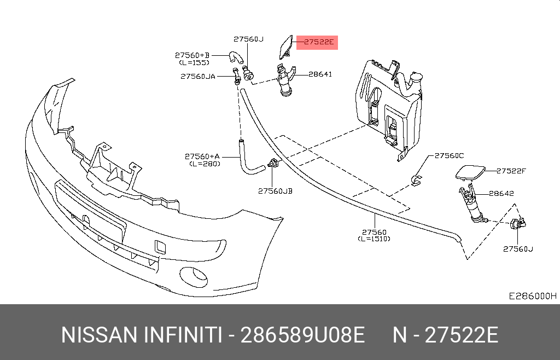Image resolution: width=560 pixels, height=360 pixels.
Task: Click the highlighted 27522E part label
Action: [317, 42]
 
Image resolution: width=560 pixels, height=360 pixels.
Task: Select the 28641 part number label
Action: [320, 74]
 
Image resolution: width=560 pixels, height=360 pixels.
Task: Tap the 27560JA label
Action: [197, 77]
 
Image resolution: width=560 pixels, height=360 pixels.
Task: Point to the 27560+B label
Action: [192, 55]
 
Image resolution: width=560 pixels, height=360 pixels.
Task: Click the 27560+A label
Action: [202, 156]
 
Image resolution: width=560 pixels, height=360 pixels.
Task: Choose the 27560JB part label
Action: [275, 191]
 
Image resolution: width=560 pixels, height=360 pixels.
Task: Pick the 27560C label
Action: [449, 155]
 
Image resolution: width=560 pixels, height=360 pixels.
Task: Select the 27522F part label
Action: [511, 171]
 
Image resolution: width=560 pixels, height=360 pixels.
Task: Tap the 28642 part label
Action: [501, 193]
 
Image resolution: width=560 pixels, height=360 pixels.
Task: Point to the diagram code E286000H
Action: [532, 296]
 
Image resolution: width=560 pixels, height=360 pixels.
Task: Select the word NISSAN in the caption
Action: [98, 335]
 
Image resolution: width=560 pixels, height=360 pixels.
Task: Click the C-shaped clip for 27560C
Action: [417, 178]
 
